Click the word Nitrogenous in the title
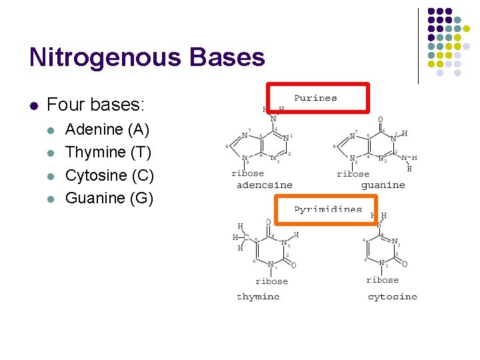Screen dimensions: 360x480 click(106, 58)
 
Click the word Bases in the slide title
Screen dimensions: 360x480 click(227, 58)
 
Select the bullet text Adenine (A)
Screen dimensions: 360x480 click(107, 129)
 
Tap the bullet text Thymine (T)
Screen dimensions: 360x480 click(108, 152)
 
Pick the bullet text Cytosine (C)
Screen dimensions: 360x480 click(109, 175)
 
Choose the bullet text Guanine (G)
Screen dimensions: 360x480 click(109, 198)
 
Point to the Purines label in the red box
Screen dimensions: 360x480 click(315, 98)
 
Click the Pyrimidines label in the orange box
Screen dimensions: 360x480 click(328, 209)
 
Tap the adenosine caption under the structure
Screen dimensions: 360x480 click(265, 185)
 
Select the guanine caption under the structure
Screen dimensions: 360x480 click(383, 185)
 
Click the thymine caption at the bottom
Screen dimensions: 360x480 click(258, 297)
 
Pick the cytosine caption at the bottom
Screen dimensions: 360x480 click(392, 297)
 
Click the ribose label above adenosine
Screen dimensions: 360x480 click(247, 173)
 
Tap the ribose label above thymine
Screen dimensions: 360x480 click(271, 281)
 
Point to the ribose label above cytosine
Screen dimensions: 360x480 click(382, 280)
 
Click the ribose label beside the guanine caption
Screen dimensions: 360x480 click(353, 173)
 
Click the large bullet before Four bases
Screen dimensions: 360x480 click(33, 105)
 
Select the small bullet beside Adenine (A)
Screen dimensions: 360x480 click(53, 130)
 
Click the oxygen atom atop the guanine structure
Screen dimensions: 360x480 click(381, 121)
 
